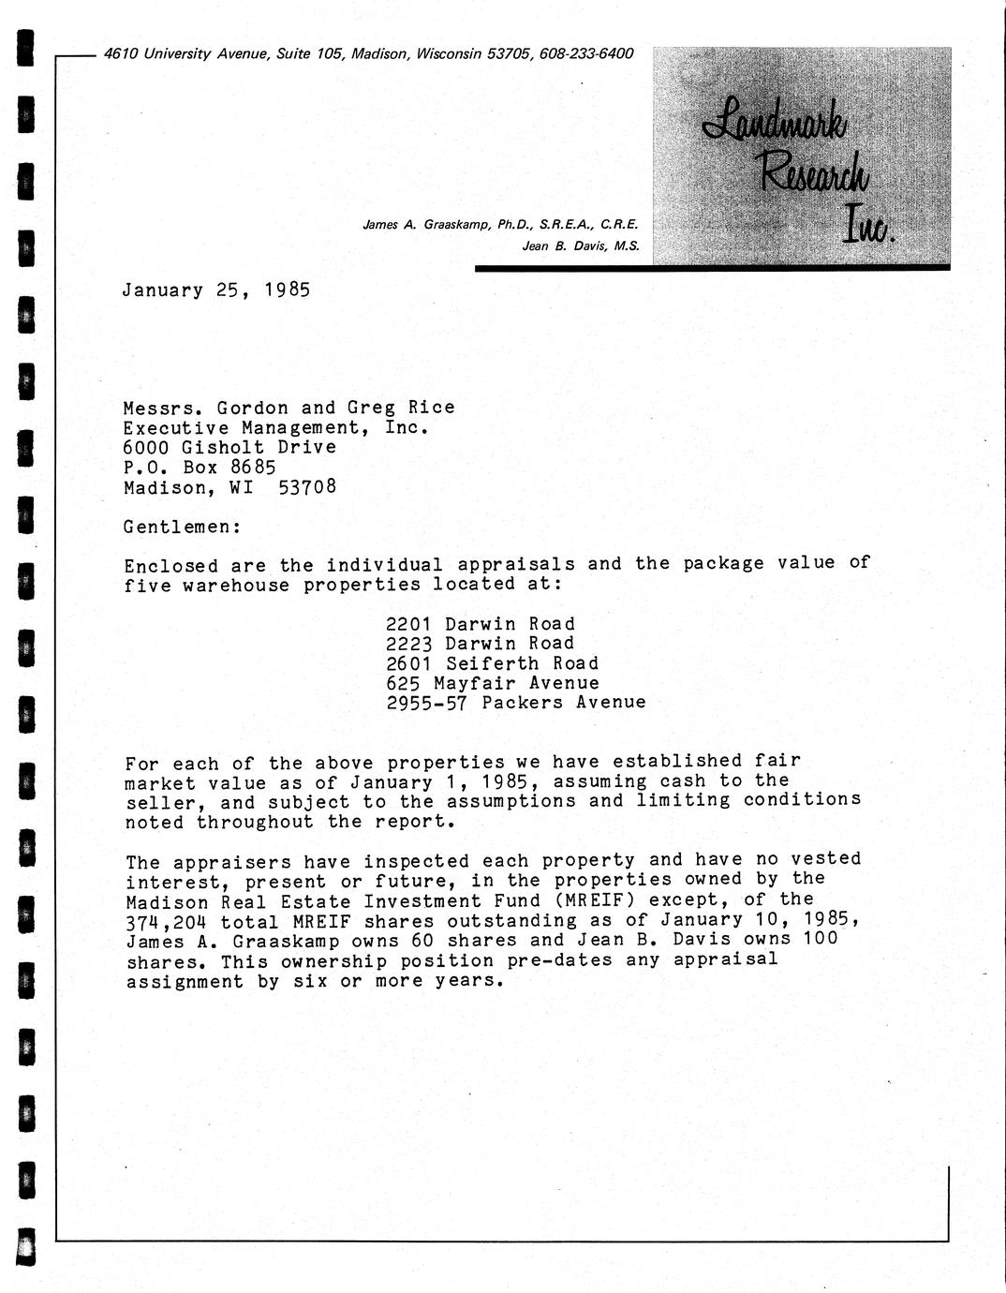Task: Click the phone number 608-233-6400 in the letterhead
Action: pos(586,54)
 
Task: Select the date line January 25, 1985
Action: pos(215,290)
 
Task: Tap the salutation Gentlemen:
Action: pos(183,527)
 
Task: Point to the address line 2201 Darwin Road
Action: pos(481,624)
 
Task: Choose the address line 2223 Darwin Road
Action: pos(481,644)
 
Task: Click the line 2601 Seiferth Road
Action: pos(492,663)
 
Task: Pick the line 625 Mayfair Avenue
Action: pos(492,683)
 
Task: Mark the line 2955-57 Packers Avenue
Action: pos(516,702)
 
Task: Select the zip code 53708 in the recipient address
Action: pos(307,487)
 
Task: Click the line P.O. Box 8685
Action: pos(200,467)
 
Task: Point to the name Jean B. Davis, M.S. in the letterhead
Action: pos(581,246)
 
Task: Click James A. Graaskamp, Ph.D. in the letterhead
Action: pos(448,225)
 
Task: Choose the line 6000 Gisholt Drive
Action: pos(229,447)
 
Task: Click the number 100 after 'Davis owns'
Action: pos(820,939)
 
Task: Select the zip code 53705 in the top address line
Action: pos(510,54)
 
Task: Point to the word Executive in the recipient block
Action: pos(176,427)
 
